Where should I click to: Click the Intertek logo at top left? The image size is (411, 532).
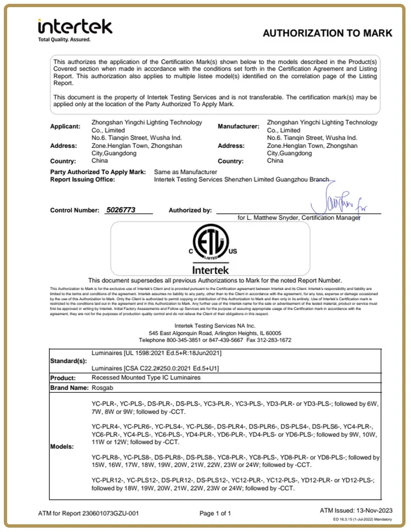pyautogui.click(x=75, y=26)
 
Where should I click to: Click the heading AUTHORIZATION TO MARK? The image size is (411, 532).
pyautogui.click(x=327, y=33)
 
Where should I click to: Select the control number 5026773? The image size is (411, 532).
pyautogui.click(x=117, y=210)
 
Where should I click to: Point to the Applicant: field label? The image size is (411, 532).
pyautogui.click(x=65, y=126)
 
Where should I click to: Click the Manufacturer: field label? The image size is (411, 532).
pyautogui.click(x=238, y=126)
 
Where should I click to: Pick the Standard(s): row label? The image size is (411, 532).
pyautogui.click(x=68, y=362)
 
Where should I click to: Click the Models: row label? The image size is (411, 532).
pyautogui.click(x=62, y=447)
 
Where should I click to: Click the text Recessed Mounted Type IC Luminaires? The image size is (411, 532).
pyautogui.click(x=146, y=378)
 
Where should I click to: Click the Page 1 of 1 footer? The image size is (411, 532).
pyautogui.click(x=215, y=513)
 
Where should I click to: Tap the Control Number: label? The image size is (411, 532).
pyautogui.click(x=73, y=210)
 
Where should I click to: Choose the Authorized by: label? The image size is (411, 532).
pyautogui.click(x=190, y=210)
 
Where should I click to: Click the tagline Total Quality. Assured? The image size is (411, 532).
pyautogui.click(x=64, y=39)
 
